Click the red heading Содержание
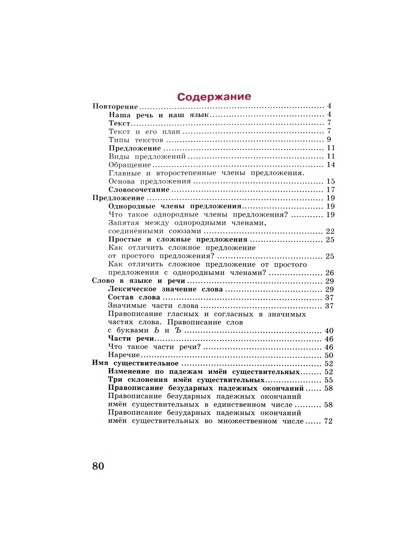(214, 97)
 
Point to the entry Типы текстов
(136, 140)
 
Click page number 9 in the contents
(328, 140)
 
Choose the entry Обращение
(130, 165)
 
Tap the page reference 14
(331, 165)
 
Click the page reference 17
(331, 190)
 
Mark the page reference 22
(330, 231)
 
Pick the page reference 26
(330, 273)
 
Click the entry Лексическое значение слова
(165, 290)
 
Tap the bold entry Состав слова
(134, 298)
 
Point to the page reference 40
(330, 331)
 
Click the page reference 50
(330, 356)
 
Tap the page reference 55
(329, 380)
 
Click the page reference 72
(329, 422)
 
